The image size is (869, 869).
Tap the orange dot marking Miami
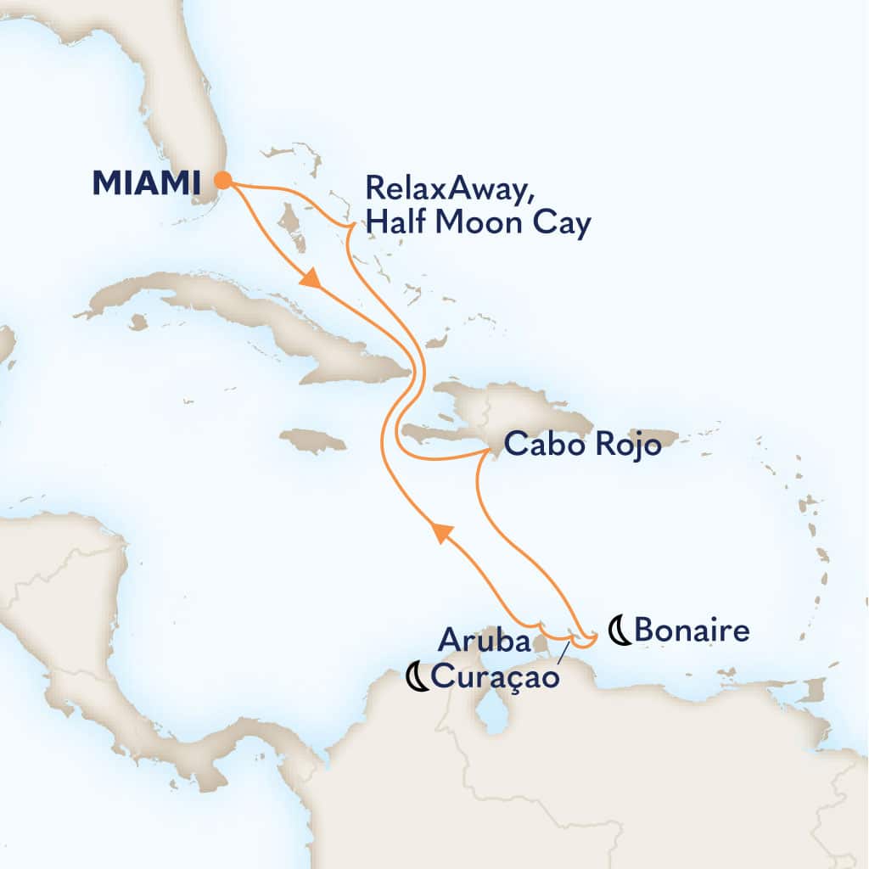click(223, 180)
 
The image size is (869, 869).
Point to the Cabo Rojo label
click(583, 445)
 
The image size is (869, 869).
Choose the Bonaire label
click(692, 631)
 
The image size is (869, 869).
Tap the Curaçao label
click(496, 676)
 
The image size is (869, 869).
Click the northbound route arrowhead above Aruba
click(440, 533)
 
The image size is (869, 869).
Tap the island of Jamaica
click(312, 440)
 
